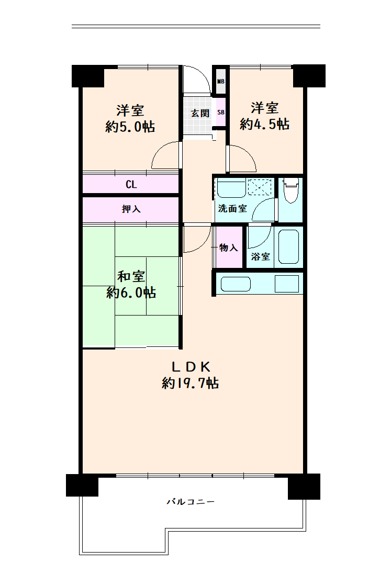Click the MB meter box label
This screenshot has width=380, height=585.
(220, 81)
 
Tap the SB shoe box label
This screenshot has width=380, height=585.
(220, 112)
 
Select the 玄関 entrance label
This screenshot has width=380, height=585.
(200, 113)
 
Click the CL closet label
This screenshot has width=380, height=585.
(131, 184)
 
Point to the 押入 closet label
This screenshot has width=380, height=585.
(131, 209)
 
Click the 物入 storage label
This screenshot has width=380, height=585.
(228, 248)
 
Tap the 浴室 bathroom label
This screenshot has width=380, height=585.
(260, 256)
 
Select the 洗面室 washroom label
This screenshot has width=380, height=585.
(232, 208)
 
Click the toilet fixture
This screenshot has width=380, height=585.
(291, 190)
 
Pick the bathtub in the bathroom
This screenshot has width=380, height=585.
(288, 246)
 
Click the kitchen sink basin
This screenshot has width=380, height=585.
(236, 284)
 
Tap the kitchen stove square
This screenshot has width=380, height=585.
(287, 284)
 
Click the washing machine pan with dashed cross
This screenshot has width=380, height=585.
(260, 187)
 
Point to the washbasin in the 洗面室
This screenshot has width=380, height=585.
(231, 189)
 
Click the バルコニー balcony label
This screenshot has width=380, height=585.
(191, 502)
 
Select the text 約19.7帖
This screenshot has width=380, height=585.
(191, 383)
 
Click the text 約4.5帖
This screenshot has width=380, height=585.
(264, 124)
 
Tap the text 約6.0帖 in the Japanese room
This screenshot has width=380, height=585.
(131, 292)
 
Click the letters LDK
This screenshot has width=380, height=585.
(191, 367)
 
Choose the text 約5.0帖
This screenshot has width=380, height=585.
(130, 127)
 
